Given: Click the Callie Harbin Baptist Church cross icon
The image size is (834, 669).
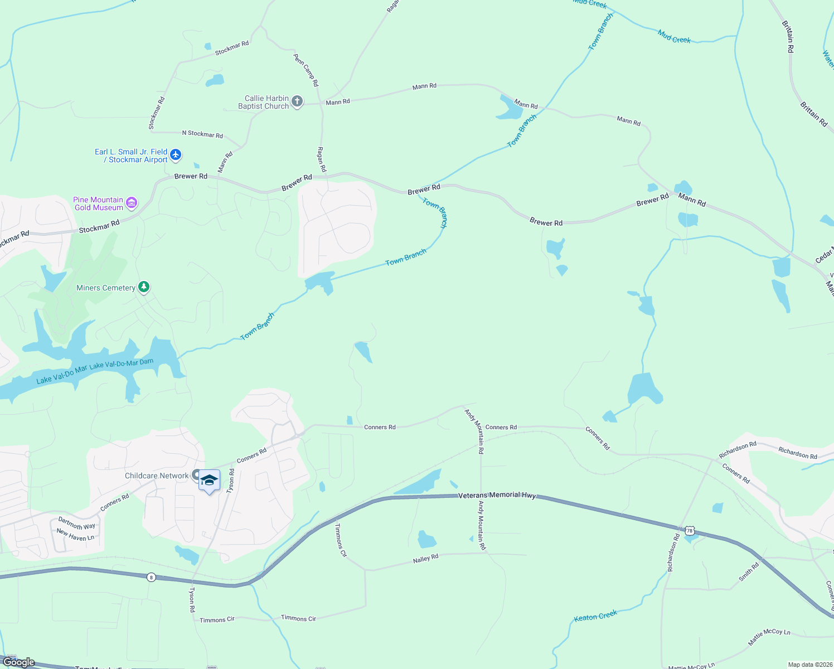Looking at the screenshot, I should pyautogui.click(x=297, y=101).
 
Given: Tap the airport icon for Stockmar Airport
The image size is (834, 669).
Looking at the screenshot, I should pyautogui.click(x=176, y=154).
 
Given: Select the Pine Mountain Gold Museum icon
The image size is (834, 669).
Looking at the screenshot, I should pyautogui.click(x=132, y=203).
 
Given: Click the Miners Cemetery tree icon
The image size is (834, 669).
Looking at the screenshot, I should pyautogui.click(x=144, y=287).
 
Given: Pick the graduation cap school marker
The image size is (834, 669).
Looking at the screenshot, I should pyautogui.click(x=209, y=481).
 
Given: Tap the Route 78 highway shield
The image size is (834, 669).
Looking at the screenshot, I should pyautogui.click(x=690, y=530).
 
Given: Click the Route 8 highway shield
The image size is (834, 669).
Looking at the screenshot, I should pyautogui.click(x=151, y=577).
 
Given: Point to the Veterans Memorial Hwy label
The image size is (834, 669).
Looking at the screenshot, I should pyautogui.click(x=497, y=495).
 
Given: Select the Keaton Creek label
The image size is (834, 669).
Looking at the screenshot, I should pyautogui.click(x=595, y=616).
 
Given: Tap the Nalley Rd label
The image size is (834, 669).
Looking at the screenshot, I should pyautogui.click(x=425, y=559).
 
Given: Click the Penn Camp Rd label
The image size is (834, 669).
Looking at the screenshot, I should pyautogui.click(x=306, y=70).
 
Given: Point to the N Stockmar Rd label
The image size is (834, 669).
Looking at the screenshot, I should pyautogui.click(x=202, y=134).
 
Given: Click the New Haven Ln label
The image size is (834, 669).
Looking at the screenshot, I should pyautogui.click(x=75, y=535).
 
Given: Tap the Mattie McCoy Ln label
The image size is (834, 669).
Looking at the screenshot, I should pyautogui.click(x=769, y=637).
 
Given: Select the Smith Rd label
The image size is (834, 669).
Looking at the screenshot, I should pyautogui.click(x=749, y=573).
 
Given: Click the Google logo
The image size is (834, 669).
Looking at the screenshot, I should pyautogui.click(x=19, y=662).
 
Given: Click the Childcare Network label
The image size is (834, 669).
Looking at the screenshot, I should pyautogui.click(x=157, y=476).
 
